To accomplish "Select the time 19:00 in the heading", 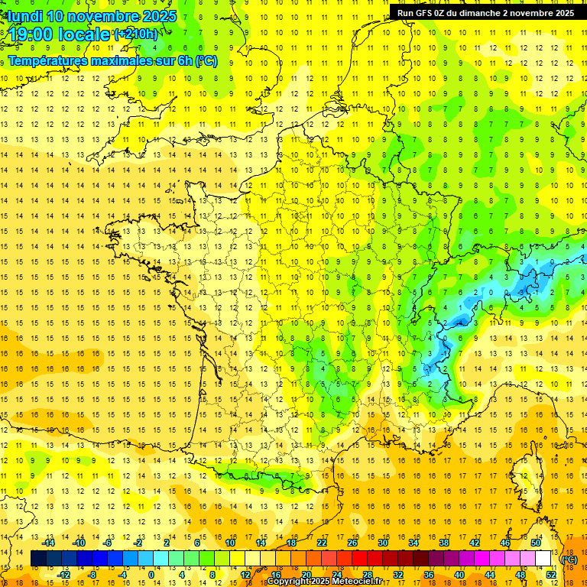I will click(x=34, y=34).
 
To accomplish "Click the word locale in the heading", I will click(x=86, y=34).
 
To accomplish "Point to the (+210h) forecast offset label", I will click(x=136, y=34).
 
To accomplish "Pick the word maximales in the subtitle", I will click(x=122, y=60).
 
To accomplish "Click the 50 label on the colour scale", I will click(x=536, y=543).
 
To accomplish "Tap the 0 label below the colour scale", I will click(x=151, y=575).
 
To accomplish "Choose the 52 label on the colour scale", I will click(x=551, y=575).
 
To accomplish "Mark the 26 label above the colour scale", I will click(x=352, y=543).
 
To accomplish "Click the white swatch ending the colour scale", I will click(x=543, y=559).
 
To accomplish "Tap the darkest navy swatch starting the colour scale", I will click(x=38, y=559).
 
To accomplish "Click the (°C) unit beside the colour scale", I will click(x=569, y=559).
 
